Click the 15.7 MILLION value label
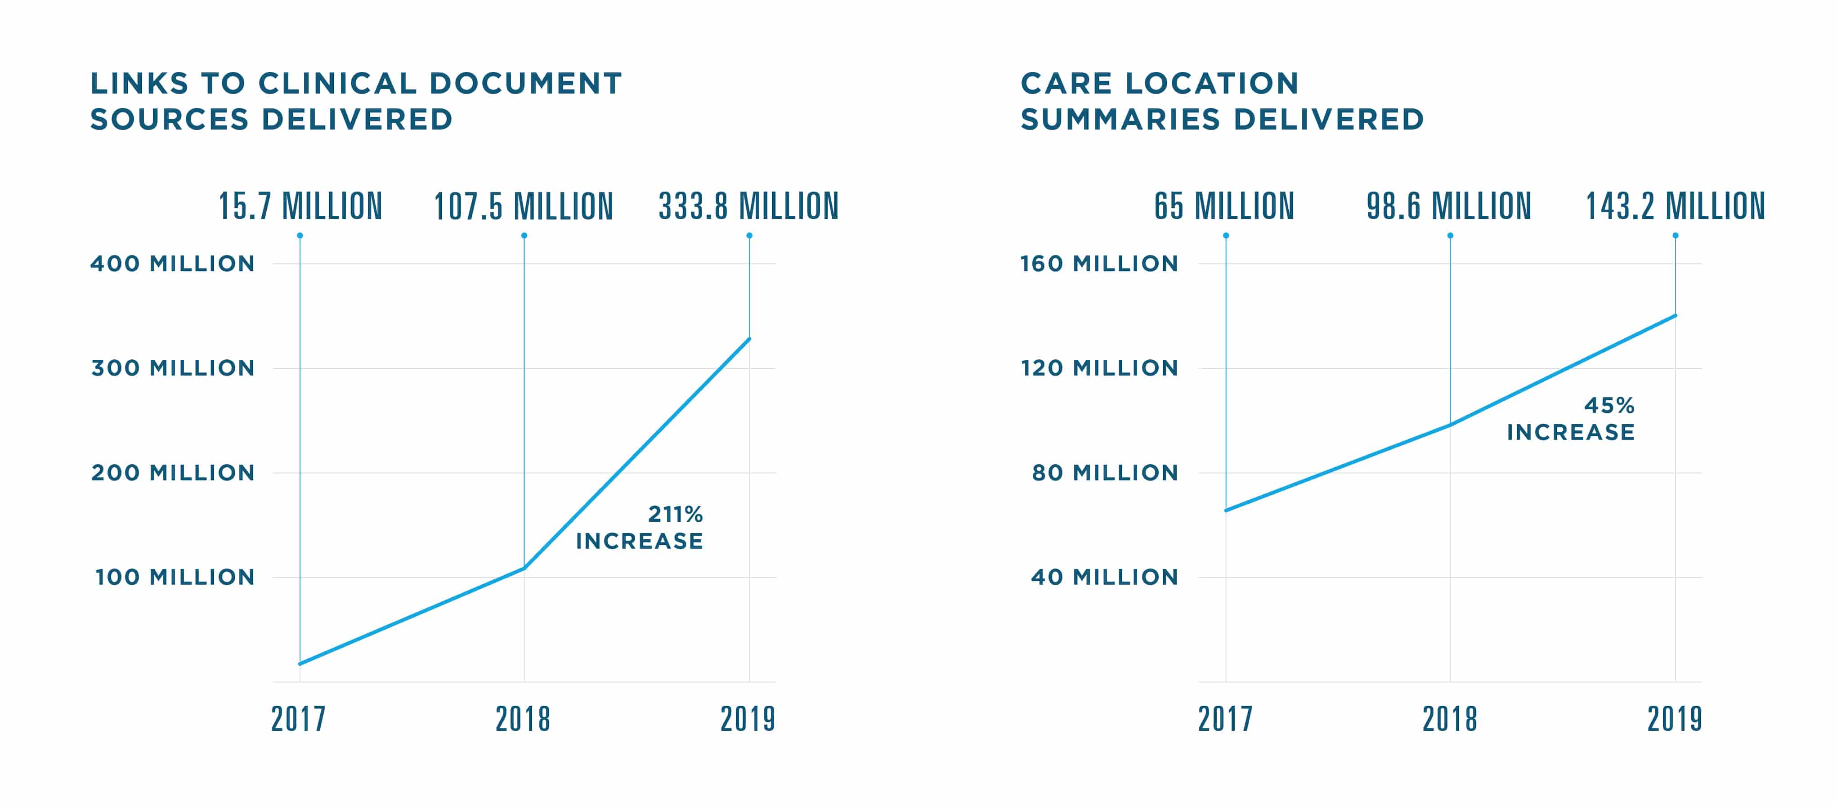pos(300,207)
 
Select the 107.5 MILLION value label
pos(524,207)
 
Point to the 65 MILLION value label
pos(1224,207)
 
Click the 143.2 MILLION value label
pos(1675,207)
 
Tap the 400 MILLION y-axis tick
pos(173,264)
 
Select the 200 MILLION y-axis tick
pos(173,473)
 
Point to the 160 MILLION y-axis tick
pos(1099,264)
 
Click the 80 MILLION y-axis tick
pos(1105,473)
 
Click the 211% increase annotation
pos(640,528)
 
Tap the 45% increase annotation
pos(1571,419)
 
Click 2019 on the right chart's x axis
pos(1675,719)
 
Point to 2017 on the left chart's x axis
pos(298,719)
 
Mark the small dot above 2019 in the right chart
pos(1675,235)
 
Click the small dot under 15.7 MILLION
pos(300,235)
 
